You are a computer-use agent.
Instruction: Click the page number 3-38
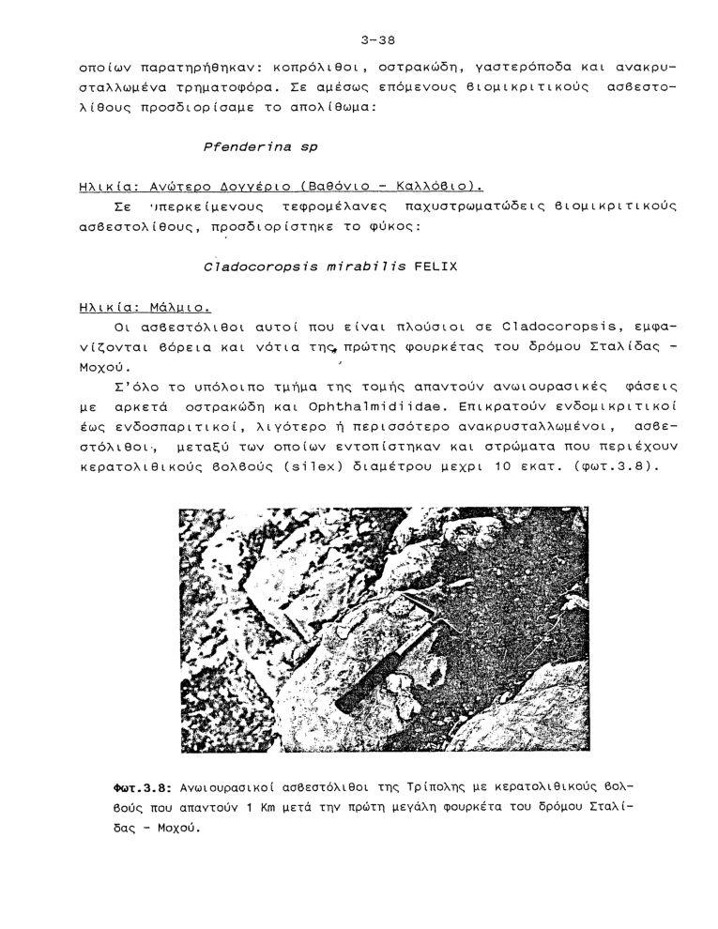[377, 39]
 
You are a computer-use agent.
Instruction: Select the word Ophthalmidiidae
[360, 406]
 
